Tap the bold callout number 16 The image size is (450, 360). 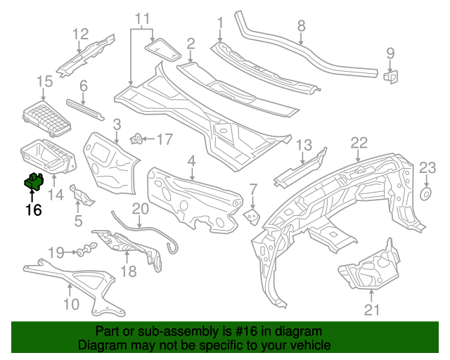[33, 209]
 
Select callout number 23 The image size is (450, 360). [428, 167]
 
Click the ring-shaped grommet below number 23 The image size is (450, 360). [426, 193]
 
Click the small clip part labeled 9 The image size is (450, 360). [391, 75]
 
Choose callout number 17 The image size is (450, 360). [164, 139]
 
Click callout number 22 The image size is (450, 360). [359, 143]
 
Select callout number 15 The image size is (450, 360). [44, 82]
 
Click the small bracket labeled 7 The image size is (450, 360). [250, 215]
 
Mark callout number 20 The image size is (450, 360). [141, 209]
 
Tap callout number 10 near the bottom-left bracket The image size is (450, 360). [70, 304]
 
